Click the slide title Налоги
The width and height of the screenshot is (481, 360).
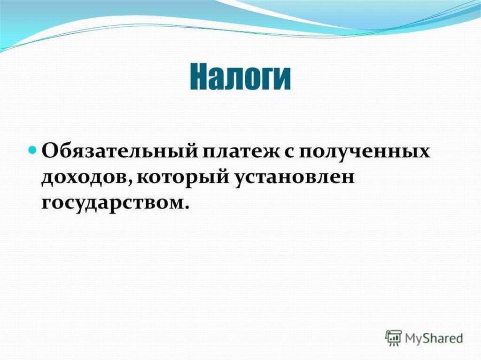[x=240, y=77]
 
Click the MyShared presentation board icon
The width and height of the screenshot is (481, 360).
[x=394, y=338]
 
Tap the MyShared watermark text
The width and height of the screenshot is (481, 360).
[x=434, y=338]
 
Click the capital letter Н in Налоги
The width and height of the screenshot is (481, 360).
[x=198, y=77]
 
